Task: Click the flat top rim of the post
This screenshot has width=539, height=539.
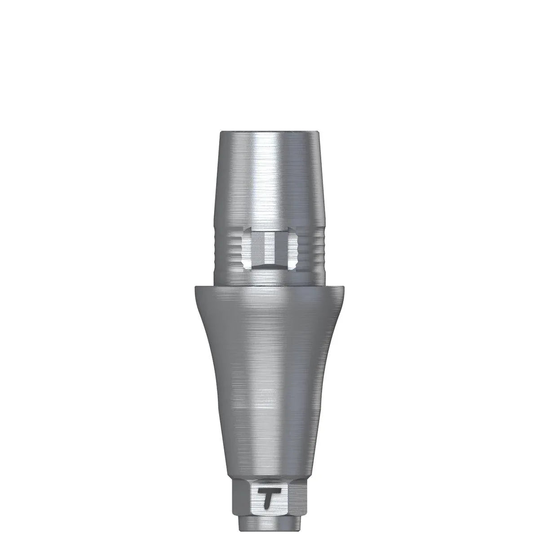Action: (269, 133)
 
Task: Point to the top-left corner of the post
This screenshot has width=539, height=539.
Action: (221, 133)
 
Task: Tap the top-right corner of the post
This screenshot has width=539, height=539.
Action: (319, 133)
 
